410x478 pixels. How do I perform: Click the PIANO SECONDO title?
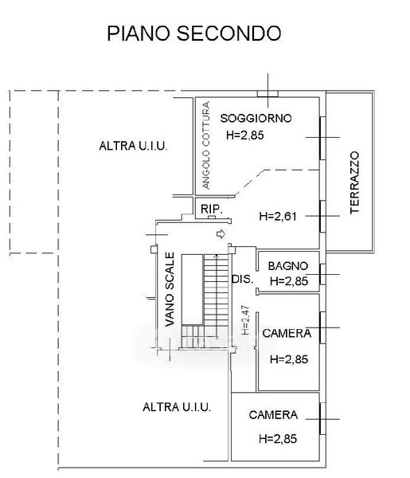click(193, 33)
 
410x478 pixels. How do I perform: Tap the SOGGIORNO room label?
click(256, 118)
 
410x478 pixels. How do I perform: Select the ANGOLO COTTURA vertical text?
click(206, 145)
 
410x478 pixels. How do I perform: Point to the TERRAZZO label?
click(354, 182)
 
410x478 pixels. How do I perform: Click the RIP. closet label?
click(212, 209)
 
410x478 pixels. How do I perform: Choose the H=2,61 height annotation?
click(278, 217)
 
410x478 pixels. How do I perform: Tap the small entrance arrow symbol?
click(221, 234)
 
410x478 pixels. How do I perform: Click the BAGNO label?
click(288, 266)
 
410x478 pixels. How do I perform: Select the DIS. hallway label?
click(243, 279)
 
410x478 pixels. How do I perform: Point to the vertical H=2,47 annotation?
click(245, 320)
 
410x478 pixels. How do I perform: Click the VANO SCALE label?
click(170, 289)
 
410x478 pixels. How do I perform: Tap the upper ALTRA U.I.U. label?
click(133, 146)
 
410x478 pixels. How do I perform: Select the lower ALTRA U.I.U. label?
click(177, 407)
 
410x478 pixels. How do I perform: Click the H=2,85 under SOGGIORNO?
click(245, 135)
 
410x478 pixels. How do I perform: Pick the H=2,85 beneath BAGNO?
click(289, 281)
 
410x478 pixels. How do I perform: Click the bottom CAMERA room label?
click(273, 415)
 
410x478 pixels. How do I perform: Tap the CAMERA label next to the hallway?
click(287, 333)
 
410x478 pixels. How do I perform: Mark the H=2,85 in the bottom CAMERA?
click(278, 439)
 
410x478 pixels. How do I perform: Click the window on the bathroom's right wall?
click(322, 274)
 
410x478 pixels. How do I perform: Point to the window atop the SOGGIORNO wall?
click(267, 94)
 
